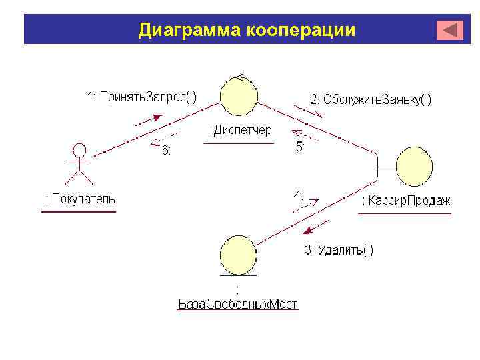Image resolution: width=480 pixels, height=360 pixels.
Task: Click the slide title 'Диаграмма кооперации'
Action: (x=247, y=31)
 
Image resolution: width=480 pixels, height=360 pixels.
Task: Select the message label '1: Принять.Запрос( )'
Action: (x=141, y=97)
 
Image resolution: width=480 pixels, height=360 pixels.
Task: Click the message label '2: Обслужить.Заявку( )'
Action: (x=371, y=99)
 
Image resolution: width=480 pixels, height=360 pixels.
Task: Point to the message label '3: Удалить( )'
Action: (x=339, y=250)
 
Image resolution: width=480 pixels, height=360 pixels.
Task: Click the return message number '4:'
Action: (x=299, y=196)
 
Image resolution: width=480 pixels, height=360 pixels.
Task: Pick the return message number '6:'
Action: (x=166, y=151)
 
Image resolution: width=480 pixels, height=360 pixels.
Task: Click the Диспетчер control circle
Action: (x=239, y=95)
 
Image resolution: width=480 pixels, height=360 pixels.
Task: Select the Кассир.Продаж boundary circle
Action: (x=415, y=167)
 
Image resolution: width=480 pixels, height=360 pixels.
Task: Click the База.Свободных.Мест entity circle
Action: (x=238, y=254)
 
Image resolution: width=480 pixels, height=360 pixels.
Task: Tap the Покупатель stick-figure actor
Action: (x=79, y=163)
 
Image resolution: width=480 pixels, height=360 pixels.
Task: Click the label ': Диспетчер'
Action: (x=239, y=130)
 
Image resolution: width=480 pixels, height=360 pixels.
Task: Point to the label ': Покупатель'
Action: (x=79, y=199)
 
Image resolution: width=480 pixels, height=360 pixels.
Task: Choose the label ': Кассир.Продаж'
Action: (x=406, y=201)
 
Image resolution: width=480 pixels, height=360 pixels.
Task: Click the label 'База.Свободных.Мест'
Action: (x=238, y=305)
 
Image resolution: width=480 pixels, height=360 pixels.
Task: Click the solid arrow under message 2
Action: (x=309, y=110)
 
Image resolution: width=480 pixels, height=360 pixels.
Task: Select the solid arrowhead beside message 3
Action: (x=307, y=231)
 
